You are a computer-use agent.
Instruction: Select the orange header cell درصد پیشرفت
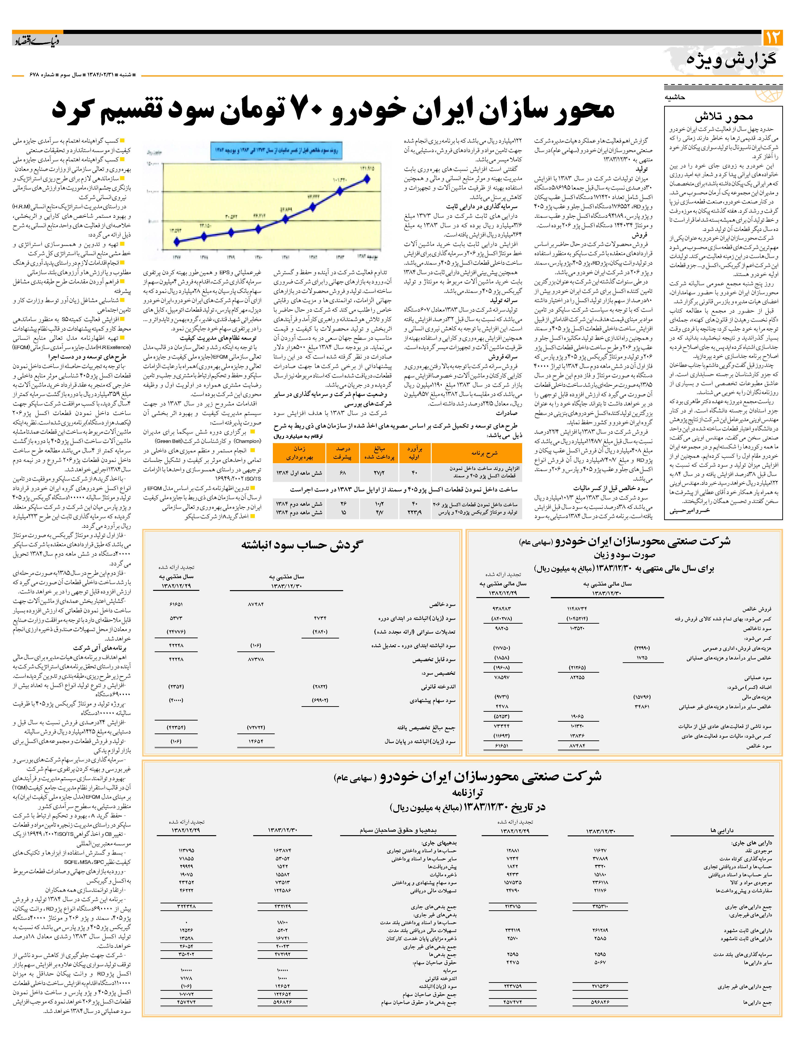tap(342, 453)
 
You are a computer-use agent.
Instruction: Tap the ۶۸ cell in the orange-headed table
tap(342, 473)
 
